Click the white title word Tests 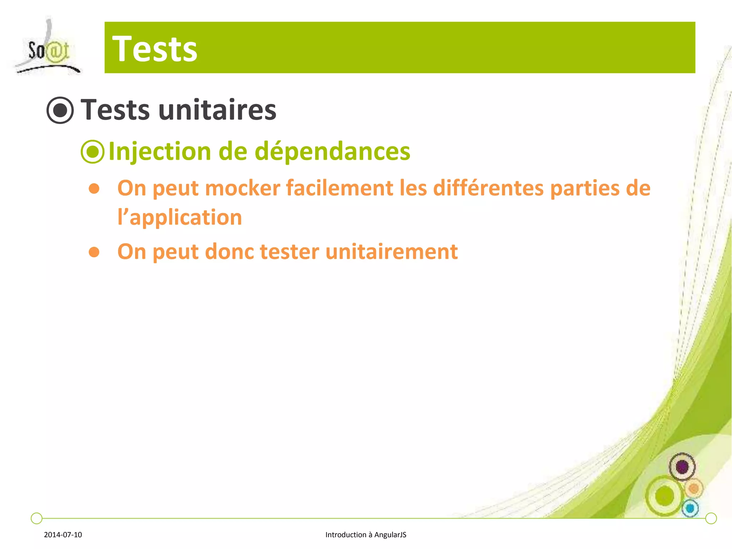click(x=154, y=49)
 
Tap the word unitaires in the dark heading click(x=217, y=110)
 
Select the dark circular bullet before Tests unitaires click(x=60, y=110)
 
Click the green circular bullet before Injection click(x=93, y=152)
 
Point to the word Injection click(x=160, y=152)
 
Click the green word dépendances click(x=332, y=152)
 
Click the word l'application click(x=180, y=218)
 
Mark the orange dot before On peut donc click(x=94, y=252)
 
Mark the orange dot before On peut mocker click(x=94, y=189)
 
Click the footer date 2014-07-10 click(x=63, y=535)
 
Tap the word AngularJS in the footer click(x=390, y=535)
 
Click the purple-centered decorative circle click(x=682, y=467)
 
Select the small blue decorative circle click(x=690, y=508)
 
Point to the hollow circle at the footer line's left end click(x=36, y=518)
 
